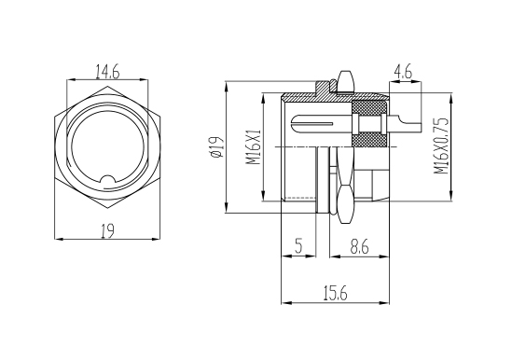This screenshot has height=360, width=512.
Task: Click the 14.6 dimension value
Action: coord(107,72)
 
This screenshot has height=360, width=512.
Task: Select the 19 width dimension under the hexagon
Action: coord(107,231)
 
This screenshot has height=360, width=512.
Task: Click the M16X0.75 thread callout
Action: coord(441,146)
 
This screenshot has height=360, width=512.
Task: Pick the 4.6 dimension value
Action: coord(403,72)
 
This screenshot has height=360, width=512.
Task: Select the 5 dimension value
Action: coord(298,247)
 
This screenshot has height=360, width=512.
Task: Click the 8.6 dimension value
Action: coord(359,247)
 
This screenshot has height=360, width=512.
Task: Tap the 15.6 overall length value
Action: coord(335,293)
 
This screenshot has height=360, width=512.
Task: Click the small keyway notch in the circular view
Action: coord(107,180)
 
